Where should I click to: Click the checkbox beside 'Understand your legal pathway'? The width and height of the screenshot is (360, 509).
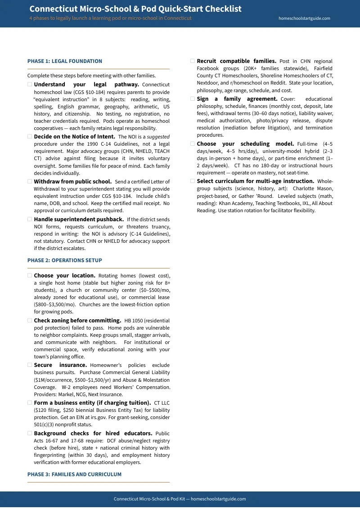(30, 85)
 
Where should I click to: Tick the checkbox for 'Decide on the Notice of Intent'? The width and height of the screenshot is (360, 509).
(30, 137)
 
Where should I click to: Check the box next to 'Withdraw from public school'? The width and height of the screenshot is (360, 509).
(30, 182)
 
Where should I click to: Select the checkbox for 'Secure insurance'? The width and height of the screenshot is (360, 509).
(30, 365)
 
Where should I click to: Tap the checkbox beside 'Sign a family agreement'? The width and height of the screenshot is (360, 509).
(193, 99)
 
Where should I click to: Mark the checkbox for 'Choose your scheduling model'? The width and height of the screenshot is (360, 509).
(193, 144)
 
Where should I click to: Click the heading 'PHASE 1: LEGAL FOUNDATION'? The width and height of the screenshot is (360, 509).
(65, 61)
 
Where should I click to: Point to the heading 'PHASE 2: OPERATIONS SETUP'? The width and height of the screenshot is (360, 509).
(65, 260)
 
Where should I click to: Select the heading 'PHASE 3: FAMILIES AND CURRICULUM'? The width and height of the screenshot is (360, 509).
(74, 474)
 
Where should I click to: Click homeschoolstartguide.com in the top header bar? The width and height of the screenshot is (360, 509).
(304, 18)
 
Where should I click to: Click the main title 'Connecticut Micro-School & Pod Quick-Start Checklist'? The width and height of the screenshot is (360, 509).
(135, 9)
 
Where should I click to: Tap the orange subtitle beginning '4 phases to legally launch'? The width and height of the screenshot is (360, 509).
(110, 18)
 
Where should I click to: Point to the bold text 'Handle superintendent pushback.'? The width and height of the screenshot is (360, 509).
(79, 219)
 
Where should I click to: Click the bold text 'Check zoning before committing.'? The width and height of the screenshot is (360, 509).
(77, 321)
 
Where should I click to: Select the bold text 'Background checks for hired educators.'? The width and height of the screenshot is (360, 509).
(93, 433)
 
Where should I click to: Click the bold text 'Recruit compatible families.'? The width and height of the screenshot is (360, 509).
(237, 61)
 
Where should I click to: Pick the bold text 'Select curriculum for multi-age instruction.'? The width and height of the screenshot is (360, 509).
(256, 181)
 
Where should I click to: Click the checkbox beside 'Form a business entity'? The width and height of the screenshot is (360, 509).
(30, 403)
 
